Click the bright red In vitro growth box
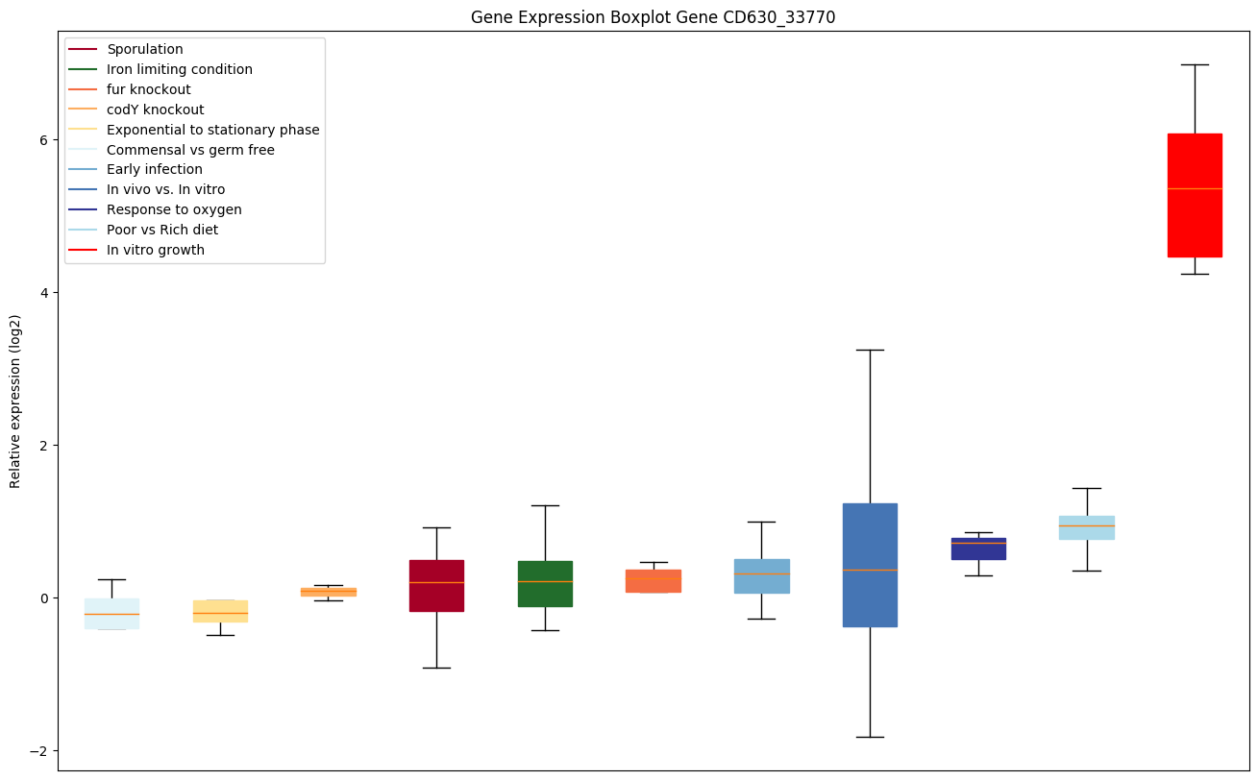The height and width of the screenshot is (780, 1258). coord(1195,221)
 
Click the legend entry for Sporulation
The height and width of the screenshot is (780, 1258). coord(145,49)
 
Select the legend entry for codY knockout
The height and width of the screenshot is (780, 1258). coord(155,110)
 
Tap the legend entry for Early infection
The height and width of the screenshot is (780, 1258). coord(155,170)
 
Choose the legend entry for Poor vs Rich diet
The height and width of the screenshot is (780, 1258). coord(162,230)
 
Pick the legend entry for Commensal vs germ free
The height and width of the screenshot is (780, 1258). coord(190,150)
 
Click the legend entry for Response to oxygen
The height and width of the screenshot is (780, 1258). coord(174,209)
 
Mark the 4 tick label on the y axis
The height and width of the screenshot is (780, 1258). coord(45,292)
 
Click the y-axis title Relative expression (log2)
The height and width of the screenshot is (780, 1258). coord(15,401)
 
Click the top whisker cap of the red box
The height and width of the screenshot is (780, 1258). coord(1195,64)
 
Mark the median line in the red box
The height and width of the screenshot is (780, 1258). coord(1195,188)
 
